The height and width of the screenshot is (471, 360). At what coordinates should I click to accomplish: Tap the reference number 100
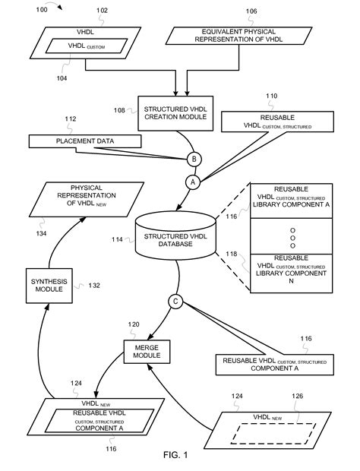(x=42, y=10)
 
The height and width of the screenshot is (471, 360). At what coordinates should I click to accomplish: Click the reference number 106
(x=251, y=11)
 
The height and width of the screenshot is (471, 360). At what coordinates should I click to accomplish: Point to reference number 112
(x=71, y=119)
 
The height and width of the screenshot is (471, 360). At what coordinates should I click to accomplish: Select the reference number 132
(x=94, y=286)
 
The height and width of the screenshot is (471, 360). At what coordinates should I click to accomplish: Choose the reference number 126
(x=297, y=396)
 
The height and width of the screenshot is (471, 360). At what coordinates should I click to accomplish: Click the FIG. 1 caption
(x=175, y=455)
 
